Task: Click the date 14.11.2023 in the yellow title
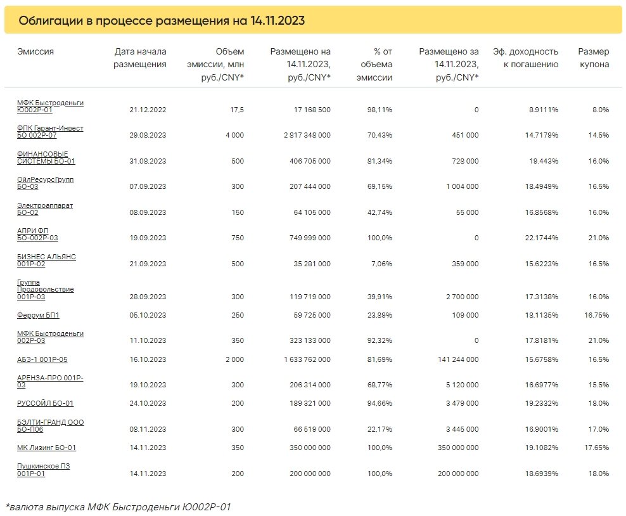[278, 20]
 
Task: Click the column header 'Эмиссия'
[35, 51]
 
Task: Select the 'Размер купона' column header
[594, 58]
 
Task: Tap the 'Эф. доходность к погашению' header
[525, 58]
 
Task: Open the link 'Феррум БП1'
[38, 315]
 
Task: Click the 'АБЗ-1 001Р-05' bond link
[42, 359]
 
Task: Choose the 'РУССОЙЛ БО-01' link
[45, 403]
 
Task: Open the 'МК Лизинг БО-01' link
[46, 448]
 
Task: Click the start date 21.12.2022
[148, 110]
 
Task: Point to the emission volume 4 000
[234, 135]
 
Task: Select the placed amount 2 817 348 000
[307, 135]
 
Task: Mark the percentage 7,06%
[381, 264]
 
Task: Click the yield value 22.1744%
[541, 238]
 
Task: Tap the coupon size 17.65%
[596, 448]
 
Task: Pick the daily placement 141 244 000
[458, 359]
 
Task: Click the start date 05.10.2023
[148, 315]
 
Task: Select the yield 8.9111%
[544, 110]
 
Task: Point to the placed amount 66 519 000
[312, 429]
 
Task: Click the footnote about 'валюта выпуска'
[118, 507]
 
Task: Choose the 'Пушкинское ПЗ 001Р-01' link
[43, 470]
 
